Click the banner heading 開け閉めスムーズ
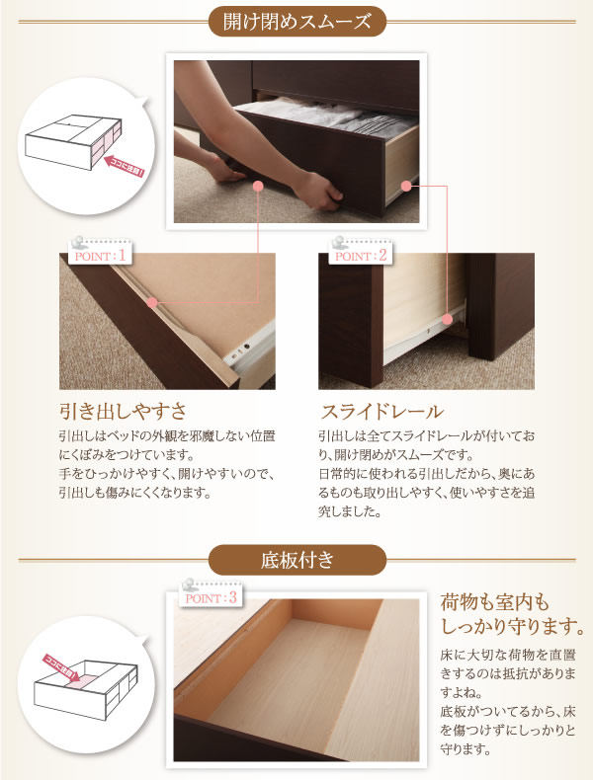click(296, 22)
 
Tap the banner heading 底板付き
click(297, 560)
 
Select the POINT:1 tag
click(100, 256)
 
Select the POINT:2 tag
click(361, 256)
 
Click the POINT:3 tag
click(211, 597)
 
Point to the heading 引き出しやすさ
click(123, 412)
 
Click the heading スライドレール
click(381, 412)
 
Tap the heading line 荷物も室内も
click(494, 602)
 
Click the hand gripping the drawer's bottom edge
click(319, 192)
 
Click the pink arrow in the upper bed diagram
click(124, 167)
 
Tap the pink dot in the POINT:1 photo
click(153, 302)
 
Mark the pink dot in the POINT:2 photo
click(447, 319)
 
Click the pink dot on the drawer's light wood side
click(406, 187)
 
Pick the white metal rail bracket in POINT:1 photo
click(250, 350)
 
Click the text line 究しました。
click(351, 511)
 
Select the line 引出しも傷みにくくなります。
click(135, 493)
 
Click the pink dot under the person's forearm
click(258, 187)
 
